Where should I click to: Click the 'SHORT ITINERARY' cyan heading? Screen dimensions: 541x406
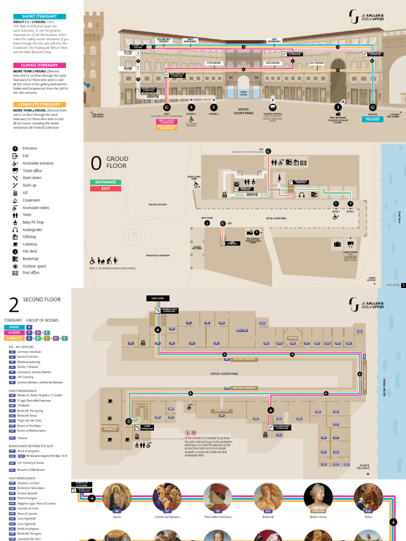coord(40,17)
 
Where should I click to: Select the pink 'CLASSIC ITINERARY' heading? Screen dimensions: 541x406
coord(40,65)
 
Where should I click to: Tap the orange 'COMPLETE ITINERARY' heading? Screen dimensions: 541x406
coord(40,104)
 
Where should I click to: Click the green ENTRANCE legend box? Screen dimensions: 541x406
coord(106,182)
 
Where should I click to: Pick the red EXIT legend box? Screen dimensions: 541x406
coord(106,188)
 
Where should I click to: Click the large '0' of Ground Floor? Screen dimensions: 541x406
coord(96,164)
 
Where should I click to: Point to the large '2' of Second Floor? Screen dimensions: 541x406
coord(14,305)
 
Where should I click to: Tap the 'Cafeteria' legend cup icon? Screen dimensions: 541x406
coord(15,244)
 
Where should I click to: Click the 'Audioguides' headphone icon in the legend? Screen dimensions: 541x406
coord(15,230)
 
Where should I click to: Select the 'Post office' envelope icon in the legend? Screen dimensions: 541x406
coord(15,273)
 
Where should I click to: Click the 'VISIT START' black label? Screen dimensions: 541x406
coord(158,299)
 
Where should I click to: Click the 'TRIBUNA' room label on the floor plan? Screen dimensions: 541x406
coord(292,338)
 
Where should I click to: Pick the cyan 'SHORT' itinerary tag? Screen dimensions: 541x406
coord(15,328)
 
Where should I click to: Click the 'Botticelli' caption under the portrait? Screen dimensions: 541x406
coord(268,517)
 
